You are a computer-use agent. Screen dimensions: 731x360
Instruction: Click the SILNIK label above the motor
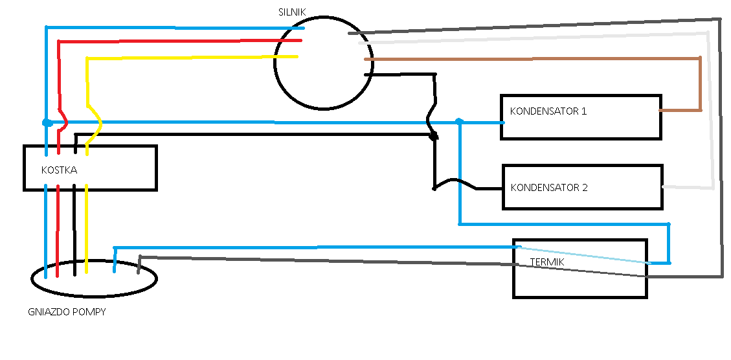[292, 12]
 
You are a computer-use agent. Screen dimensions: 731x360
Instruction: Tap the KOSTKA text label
[59, 170]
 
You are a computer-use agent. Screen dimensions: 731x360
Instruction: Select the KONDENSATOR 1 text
[548, 111]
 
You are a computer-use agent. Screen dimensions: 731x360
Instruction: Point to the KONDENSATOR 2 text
[549, 188]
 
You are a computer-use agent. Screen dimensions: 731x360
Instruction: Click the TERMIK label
[547, 262]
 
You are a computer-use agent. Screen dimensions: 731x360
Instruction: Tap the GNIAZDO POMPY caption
[67, 312]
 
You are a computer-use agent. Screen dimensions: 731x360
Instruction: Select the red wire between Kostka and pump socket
[58, 231]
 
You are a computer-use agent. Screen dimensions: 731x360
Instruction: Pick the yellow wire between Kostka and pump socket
[86, 229]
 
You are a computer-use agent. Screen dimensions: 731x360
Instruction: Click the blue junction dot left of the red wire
[47, 122]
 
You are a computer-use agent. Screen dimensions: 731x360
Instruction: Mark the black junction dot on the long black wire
[434, 136]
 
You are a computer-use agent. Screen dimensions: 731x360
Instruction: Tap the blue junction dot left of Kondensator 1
[459, 121]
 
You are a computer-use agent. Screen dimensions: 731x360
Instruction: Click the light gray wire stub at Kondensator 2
[687, 188]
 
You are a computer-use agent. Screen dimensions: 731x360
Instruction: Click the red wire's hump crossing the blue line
[63, 122]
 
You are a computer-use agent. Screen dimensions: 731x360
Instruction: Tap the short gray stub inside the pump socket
[139, 265]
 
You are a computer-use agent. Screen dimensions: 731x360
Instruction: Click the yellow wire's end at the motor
[297, 57]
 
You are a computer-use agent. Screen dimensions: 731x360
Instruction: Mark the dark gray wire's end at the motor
[350, 33]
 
